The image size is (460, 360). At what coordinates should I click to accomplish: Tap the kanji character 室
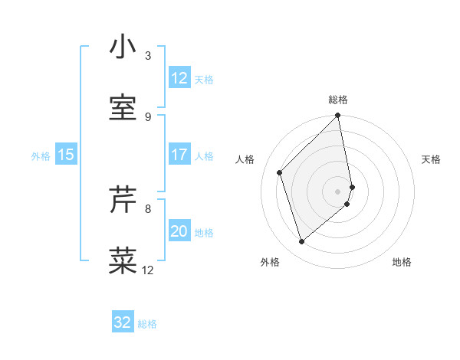pyautogui.click(x=123, y=107)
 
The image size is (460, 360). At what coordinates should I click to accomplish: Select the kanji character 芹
pyautogui.click(x=123, y=201)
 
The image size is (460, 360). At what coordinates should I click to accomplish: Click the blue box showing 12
pyautogui.click(x=179, y=78)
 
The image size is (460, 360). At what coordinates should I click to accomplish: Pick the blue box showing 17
pyautogui.click(x=179, y=155)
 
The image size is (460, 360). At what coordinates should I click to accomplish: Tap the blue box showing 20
pyautogui.click(x=179, y=231)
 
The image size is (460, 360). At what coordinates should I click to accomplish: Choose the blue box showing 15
pyautogui.click(x=66, y=155)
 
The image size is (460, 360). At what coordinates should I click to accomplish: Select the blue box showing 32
pyautogui.click(x=123, y=322)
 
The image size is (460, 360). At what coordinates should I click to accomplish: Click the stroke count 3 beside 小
pyautogui.click(x=148, y=56)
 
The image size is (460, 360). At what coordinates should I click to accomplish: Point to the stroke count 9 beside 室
pyautogui.click(x=148, y=116)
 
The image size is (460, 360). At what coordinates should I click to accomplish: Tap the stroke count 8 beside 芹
pyautogui.click(x=148, y=208)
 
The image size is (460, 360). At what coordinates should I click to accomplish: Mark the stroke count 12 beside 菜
pyautogui.click(x=148, y=270)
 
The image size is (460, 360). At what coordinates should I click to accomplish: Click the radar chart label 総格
pyautogui.click(x=338, y=100)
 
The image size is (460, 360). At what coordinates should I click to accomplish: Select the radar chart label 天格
pyautogui.click(x=432, y=159)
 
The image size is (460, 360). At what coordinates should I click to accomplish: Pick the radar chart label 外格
pyautogui.click(x=270, y=262)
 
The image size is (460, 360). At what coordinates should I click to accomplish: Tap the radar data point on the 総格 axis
pyautogui.click(x=338, y=116)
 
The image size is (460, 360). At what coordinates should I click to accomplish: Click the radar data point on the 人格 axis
pyautogui.click(x=280, y=172)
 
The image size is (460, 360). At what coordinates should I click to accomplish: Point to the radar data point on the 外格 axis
pyautogui.click(x=302, y=242)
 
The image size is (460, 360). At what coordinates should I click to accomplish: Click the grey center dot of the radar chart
pyautogui.click(x=338, y=191)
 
